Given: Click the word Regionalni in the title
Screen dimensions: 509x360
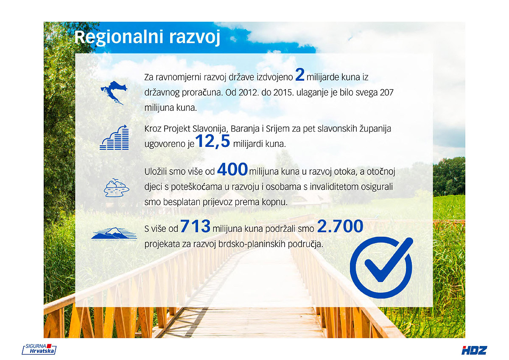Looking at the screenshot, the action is click(119, 37).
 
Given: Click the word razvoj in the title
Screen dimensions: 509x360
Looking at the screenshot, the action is click(195, 38).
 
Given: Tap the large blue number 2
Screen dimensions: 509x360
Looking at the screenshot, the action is click(300, 75).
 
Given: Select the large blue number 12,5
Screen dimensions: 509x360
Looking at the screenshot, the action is click(213, 142).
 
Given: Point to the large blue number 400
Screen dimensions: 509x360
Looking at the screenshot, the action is click(232, 169).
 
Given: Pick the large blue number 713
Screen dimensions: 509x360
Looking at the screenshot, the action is click(195, 226).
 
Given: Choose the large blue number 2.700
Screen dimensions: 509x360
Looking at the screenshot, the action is click(340, 226).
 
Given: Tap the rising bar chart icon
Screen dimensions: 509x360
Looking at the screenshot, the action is click(114, 138).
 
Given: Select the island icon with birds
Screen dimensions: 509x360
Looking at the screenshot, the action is click(116, 188).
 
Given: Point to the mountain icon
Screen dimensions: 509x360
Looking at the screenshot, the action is click(114, 233).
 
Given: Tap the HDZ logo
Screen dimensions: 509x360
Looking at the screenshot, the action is click(474, 350).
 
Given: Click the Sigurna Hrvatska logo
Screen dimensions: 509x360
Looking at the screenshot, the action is click(39, 349).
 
